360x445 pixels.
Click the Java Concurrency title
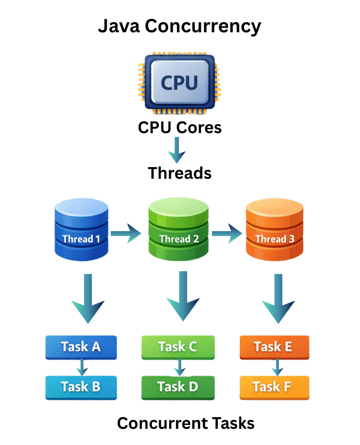click(x=179, y=26)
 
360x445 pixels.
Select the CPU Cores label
click(x=179, y=128)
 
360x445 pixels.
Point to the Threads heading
click(x=179, y=173)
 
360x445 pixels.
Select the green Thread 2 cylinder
click(x=179, y=229)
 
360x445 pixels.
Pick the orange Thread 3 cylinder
click(x=274, y=229)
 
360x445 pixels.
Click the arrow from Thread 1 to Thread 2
click(x=126, y=232)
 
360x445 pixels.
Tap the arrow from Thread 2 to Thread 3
click(x=228, y=232)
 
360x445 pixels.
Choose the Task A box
click(x=81, y=346)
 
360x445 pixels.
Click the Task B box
click(x=81, y=387)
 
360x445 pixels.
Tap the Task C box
click(x=177, y=346)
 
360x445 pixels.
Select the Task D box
click(x=177, y=387)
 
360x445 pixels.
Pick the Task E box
click(x=273, y=346)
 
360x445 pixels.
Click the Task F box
click(x=273, y=387)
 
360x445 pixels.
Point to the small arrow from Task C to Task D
click(x=179, y=367)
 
